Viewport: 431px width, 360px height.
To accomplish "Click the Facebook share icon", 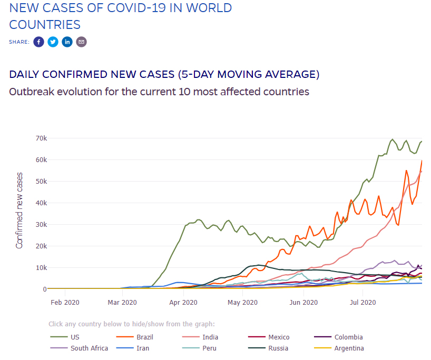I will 38,42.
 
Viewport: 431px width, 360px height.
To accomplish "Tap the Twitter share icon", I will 53,42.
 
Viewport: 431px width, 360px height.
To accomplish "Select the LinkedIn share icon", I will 67,42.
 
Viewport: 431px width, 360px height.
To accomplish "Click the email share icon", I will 81,42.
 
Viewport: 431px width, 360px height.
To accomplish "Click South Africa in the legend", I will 79,348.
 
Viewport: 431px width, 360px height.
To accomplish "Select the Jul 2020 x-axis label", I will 363,303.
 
